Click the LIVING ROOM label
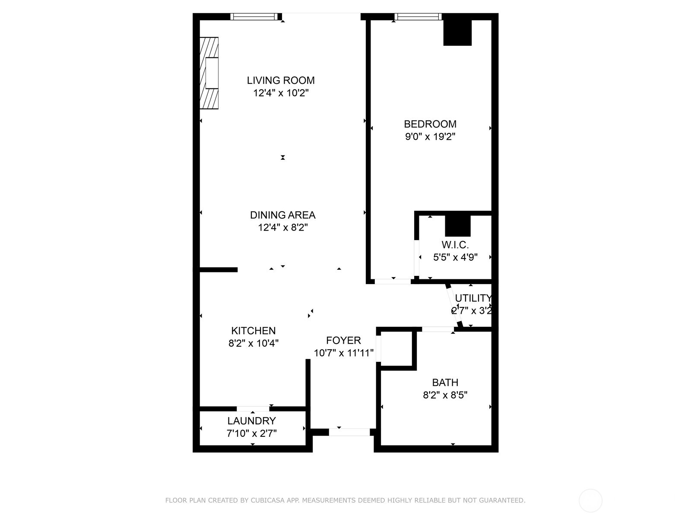pyautogui.click(x=281, y=80)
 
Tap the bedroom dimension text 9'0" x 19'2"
pyautogui.click(x=430, y=137)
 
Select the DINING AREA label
pyautogui.click(x=282, y=215)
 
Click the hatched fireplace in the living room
pyautogui.click(x=209, y=73)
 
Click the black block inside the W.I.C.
pyautogui.click(x=457, y=226)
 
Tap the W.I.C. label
pyautogui.click(x=455, y=245)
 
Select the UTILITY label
pyautogui.click(x=473, y=298)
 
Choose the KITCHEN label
pyautogui.click(x=254, y=331)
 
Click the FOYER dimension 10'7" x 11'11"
pyautogui.click(x=343, y=353)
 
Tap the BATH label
pyautogui.click(x=445, y=382)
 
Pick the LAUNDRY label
pyautogui.click(x=251, y=421)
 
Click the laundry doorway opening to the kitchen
pyautogui.click(x=253, y=408)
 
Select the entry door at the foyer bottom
pyautogui.click(x=349, y=432)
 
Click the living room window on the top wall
pyautogui.click(x=254, y=17)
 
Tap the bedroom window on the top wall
pyautogui.click(x=418, y=17)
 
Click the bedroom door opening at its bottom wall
pyautogui.click(x=393, y=281)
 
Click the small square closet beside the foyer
pyautogui.click(x=396, y=349)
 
